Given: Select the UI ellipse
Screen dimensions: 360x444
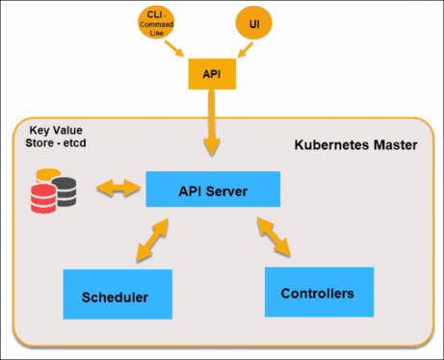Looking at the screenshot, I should tap(254, 23).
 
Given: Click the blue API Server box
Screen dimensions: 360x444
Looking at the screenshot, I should tap(213, 190).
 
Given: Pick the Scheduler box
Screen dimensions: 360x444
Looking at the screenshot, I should tap(117, 295).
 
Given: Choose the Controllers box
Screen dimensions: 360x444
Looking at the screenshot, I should tap(318, 292).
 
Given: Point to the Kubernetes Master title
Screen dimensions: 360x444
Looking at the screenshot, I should tap(355, 146).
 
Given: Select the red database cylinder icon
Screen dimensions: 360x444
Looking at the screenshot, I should tap(43, 198).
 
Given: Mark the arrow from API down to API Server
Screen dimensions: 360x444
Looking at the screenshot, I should tap(212, 125).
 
